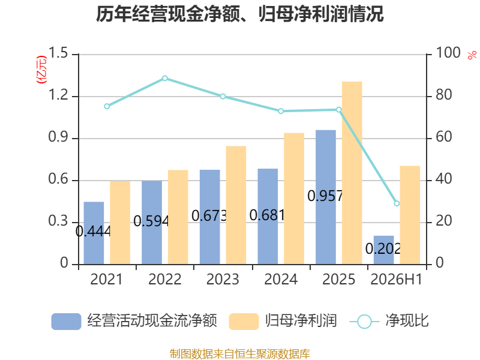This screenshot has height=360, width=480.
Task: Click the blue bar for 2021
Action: pyautogui.click(x=94, y=233)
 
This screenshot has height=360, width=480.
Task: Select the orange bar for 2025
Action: pyautogui.click(x=352, y=173)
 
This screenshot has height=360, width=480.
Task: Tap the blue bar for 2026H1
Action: pyautogui.click(x=383, y=250)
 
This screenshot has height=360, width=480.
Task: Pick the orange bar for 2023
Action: pyautogui.click(x=236, y=205)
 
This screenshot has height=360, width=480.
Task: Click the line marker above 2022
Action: pyautogui.click(x=165, y=79)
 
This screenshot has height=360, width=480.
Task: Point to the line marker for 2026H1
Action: pyautogui.click(x=397, y=203)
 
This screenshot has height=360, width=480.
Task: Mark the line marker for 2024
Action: pyautogui.click(x=281, y=111)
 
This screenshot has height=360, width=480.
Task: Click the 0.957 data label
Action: pyautogui.click(x=325, y=196)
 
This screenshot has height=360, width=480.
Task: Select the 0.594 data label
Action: pyautogui.click(x=151, y=221)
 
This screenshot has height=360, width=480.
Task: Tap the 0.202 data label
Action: pyautogui.click(x=383, y=248)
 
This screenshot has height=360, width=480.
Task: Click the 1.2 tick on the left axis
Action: pyautogui.click(x=58, y=95)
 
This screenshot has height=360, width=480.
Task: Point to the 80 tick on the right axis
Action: pyautogui.click(x=444, y=95)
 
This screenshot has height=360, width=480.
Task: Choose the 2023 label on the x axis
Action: pyautogui.click(x=223, y=279)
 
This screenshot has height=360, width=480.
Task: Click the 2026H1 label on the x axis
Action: pyautogui.click(x=397, y=279)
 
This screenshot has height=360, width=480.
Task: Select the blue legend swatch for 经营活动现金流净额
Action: pyautogui.click(x=66, y=322)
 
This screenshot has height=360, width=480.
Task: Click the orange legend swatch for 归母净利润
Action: pyautogui.click(x=244, y=322)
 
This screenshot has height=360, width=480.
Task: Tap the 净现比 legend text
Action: pyautogui.click(x=407, y=321)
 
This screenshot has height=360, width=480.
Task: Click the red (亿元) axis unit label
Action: pyautogui.click(x=41, y=70)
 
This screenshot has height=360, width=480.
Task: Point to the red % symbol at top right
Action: pyautogui.click(x=472, y=55)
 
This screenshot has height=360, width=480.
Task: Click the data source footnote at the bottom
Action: pyautogui.click(x=240, y=353)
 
